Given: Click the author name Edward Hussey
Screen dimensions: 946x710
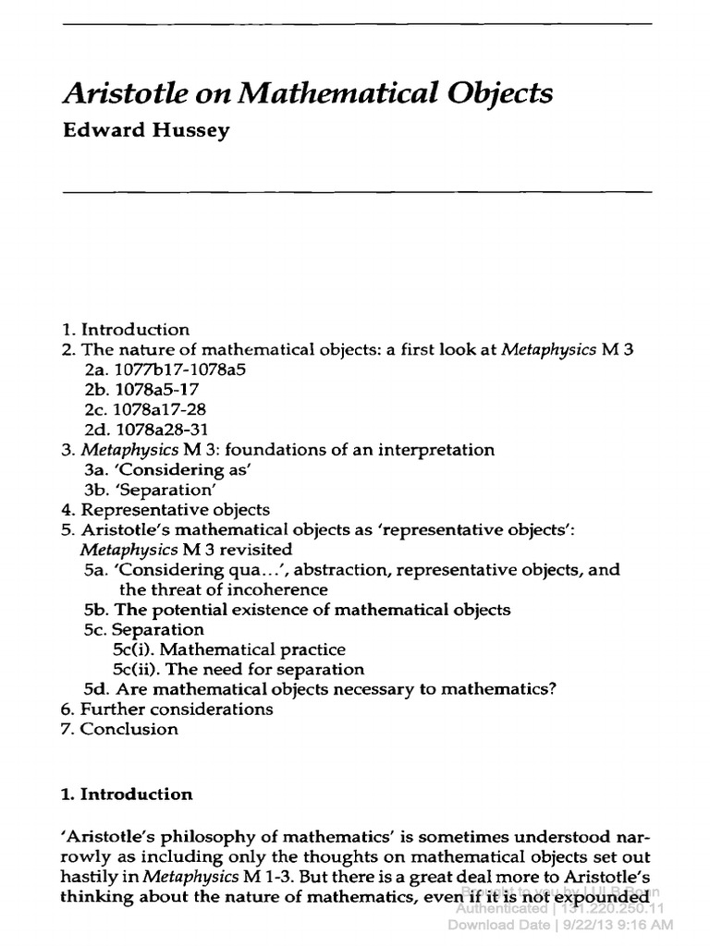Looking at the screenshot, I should tap(146, 130).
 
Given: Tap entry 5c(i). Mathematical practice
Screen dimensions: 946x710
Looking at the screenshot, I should tap(229, 649).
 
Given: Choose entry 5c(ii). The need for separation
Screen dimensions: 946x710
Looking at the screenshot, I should tap(239, 670).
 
